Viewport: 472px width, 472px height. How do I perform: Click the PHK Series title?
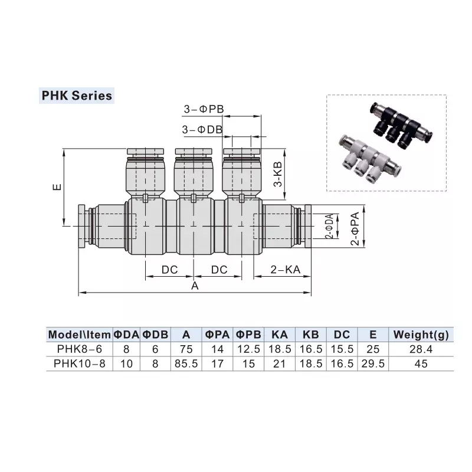(76, 95)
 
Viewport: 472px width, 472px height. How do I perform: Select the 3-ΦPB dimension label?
(202, 110)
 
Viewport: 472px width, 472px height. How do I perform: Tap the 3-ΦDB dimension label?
(202, 129)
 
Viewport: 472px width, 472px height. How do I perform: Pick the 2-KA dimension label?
(286, 270)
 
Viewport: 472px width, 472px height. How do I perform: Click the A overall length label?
(194, 286)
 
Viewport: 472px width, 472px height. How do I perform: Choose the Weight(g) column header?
(421, 335)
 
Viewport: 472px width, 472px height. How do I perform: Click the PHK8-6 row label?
(79, 349)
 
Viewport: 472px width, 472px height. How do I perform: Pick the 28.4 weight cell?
(421, 349)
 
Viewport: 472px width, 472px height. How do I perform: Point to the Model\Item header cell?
(79, 335)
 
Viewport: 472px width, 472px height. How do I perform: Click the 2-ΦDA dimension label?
(328, 226)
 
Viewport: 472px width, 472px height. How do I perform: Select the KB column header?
(310, 335)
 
